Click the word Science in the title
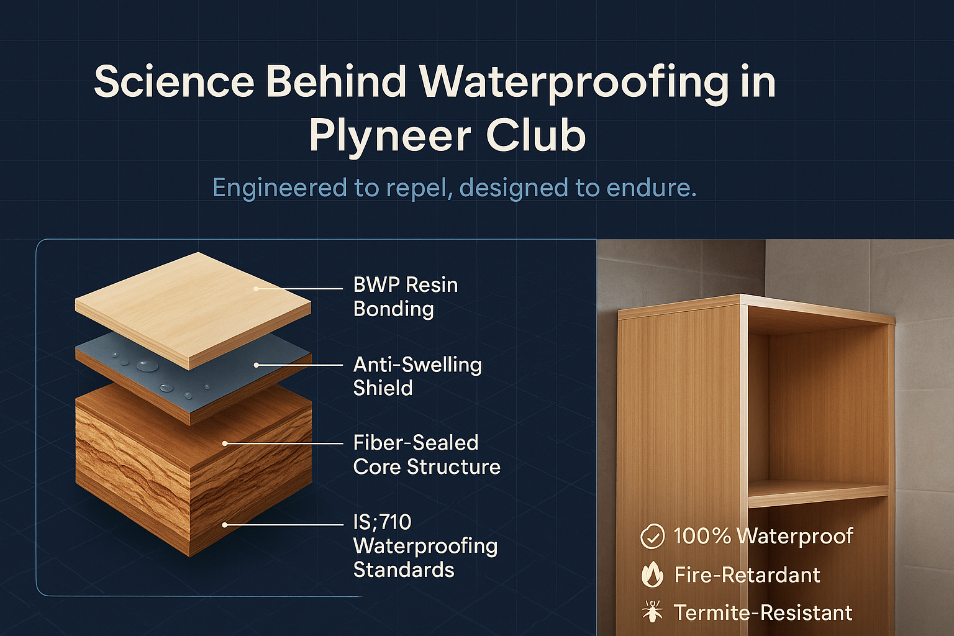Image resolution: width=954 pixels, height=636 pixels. tap(174, 81)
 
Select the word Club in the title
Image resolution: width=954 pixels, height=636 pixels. tap(535, 136)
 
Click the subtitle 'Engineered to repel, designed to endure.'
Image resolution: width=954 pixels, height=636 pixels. tap(454, 188)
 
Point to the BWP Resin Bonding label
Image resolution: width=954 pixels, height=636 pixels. tap(405, 297)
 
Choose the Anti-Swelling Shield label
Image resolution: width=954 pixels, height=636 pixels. tap(417, 376)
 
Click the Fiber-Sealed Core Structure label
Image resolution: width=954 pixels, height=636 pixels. tap(426, 455)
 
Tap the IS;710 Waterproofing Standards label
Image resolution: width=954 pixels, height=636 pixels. tap(425, 545)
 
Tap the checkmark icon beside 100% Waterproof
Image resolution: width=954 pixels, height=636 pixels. tap(652, 536)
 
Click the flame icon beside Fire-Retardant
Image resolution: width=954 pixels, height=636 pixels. tap(652, 575)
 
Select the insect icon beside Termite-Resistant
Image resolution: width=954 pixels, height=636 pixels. tap(652, 612)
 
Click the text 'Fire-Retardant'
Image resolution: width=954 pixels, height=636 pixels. tap(747, 575)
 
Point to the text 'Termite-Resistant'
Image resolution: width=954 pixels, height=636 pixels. tap(763, 613)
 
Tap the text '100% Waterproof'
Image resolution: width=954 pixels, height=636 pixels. tap(763, 536)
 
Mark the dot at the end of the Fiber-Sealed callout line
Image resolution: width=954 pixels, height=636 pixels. tap(225, 443)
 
